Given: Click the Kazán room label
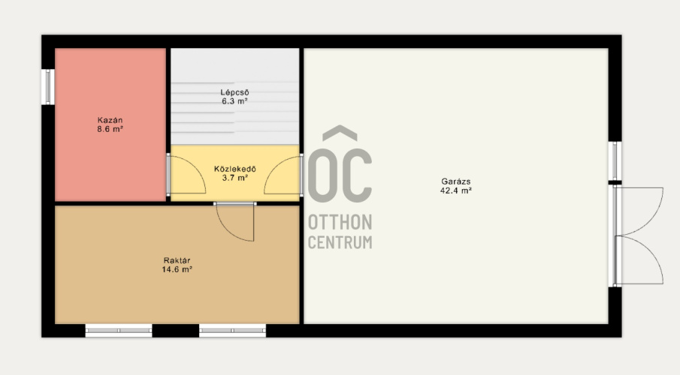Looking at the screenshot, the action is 110,120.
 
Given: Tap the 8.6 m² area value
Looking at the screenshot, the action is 110,129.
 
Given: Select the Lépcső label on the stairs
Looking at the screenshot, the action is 234,92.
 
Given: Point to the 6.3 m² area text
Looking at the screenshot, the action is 234,101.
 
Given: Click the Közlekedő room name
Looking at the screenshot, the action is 235,169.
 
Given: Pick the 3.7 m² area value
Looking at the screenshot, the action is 235,178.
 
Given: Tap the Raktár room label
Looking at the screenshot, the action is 177,260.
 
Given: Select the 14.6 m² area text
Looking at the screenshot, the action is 177,269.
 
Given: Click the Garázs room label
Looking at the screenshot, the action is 456,181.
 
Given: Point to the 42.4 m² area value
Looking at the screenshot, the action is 456,190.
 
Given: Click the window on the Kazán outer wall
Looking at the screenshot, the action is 48,87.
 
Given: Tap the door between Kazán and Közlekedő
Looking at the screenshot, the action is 187,175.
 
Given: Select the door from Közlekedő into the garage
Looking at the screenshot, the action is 283,175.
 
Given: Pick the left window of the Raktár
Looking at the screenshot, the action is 119,331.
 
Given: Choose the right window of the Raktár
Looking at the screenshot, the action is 232,331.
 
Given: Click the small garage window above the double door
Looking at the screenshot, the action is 615,160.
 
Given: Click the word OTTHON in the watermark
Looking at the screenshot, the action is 340,222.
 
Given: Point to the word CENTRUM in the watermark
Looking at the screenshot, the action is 340,242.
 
